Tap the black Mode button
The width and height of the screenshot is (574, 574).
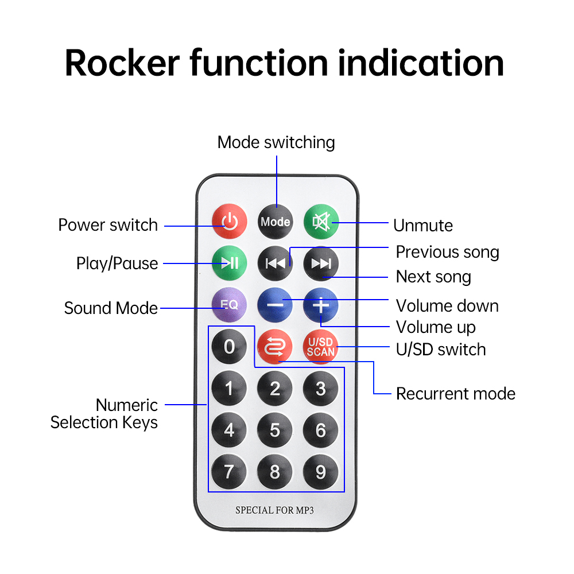(275, 222)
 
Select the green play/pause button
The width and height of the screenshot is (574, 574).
(229, 263)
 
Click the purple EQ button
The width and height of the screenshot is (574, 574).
(229, 305)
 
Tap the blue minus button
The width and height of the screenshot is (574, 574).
(275, 305)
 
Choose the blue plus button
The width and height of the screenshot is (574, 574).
(321, 305)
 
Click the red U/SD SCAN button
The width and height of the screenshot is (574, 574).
(320, 347)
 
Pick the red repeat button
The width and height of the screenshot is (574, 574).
(275, 347)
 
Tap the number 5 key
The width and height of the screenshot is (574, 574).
(275, 430)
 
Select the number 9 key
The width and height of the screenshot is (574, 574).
(321, 472)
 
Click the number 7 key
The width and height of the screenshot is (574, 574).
(229, 472)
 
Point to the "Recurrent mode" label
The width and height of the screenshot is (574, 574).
(456, 394)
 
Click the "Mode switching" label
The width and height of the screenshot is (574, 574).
(276, 142)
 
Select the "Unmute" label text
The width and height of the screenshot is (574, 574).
(423, 226)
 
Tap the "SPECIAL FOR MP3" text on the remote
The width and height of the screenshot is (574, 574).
(275, 510)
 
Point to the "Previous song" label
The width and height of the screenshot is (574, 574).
(447, 252)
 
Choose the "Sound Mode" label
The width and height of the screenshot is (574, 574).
(111, 308)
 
